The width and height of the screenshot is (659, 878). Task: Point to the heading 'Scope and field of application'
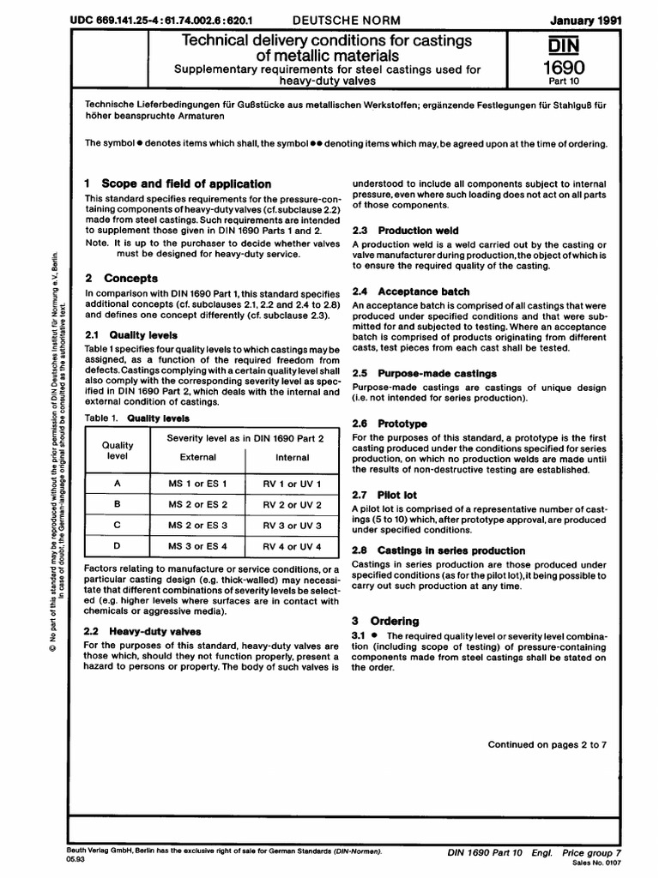click(x=186, y=183)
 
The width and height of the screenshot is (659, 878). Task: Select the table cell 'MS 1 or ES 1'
click(x=196, y=484)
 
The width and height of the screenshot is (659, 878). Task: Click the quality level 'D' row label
click(x=118, y=545)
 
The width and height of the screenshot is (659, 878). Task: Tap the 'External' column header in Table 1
click(x=196, y=457)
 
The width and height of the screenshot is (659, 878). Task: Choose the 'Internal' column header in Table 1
click(x=293, y=457)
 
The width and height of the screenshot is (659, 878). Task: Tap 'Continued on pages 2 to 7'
click(x=547, y=744)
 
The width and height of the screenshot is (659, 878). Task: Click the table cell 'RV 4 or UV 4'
click(x=293, y=545)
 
